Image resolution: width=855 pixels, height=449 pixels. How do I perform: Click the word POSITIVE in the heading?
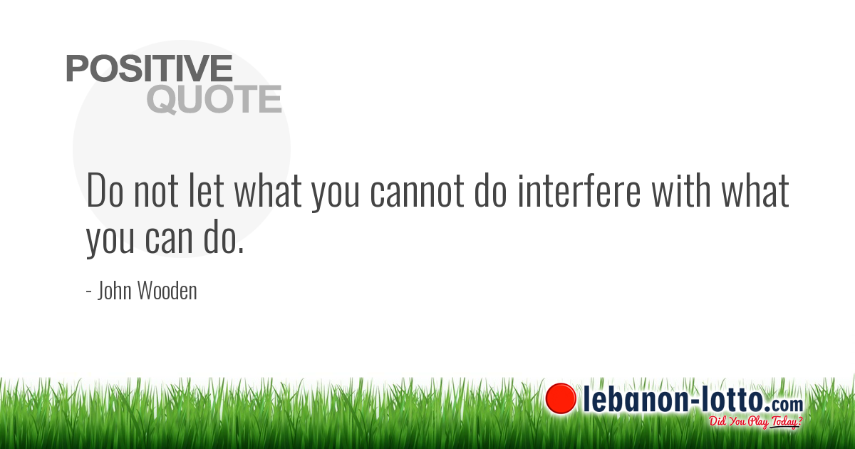pos(150,68)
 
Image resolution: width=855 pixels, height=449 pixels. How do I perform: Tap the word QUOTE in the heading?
pos(214,100)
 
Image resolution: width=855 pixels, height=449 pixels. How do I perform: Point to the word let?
pos(209,191)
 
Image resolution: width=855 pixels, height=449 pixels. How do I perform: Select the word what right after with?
pos(756,191)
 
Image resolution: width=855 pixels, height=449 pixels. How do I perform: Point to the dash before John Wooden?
pos(88,292)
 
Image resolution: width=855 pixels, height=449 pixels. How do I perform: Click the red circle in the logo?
pos(561,398)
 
